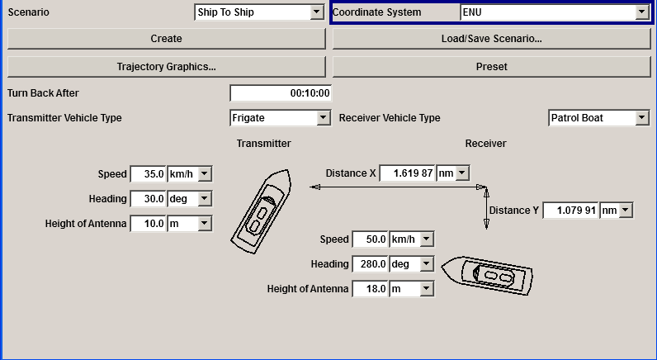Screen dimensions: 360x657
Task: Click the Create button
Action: (x=166, y=39)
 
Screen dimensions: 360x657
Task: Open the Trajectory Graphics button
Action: (x=166, y=66)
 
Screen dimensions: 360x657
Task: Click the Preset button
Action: (x=491, y=66)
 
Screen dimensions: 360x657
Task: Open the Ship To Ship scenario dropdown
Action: (x=259, y=12)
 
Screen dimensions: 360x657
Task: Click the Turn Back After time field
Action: (x=281, y=93)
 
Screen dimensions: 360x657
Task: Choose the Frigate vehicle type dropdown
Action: (x=281, y=118)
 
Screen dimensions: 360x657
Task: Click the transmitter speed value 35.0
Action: (x=148, y=174)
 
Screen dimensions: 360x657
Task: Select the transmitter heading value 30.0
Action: (x=148, y=199)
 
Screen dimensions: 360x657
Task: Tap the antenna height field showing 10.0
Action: (x=148, y=224)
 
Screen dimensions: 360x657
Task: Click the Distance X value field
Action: (x=407, y=173)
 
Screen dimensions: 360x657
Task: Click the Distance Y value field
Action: (x=570, y=211)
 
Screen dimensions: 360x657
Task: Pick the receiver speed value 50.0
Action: (x=370, y=239)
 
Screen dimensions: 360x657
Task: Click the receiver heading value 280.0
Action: (x=370, y=264)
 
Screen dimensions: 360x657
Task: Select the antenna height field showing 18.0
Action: (x=370, y=289)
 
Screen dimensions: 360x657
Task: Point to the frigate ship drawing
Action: (x=261, y=210)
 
